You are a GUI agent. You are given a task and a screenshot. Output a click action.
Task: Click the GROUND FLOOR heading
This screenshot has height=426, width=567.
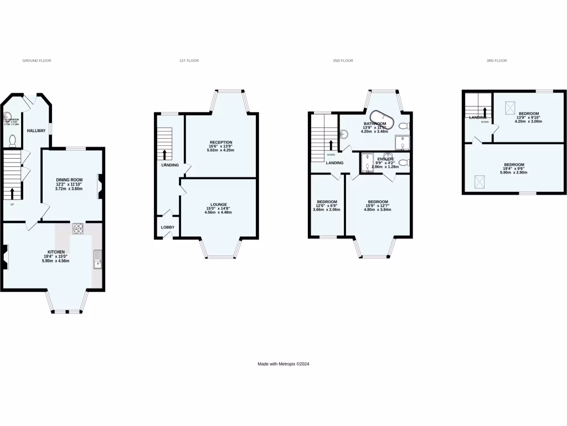[37, 60]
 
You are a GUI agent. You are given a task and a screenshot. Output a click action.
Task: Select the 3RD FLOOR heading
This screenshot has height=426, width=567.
[497, 60]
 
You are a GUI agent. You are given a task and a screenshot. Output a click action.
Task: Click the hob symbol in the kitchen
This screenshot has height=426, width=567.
[78, 228]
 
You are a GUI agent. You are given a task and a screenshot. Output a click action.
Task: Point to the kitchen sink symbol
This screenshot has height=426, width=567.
[97, 259]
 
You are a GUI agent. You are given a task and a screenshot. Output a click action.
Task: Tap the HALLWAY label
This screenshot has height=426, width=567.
[37, 130]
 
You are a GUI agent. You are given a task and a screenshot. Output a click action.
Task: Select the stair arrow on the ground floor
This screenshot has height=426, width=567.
[12, 192]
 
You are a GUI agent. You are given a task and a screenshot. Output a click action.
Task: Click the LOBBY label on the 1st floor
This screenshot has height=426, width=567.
[167, 227]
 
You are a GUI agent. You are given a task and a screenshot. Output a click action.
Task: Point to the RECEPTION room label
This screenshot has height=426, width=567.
[220, 143]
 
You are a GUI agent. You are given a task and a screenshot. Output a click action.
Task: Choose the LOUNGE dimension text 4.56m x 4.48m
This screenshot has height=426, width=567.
[218, 212]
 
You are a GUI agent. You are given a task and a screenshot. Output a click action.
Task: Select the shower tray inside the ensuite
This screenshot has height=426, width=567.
[367, 163]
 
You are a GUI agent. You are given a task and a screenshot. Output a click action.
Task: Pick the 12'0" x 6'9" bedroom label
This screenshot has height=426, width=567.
[326, 205]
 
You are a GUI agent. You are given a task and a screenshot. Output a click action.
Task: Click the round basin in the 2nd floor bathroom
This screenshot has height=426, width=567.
[343, 134]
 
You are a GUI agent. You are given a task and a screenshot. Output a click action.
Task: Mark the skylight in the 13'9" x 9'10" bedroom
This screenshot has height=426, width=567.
[510, 107]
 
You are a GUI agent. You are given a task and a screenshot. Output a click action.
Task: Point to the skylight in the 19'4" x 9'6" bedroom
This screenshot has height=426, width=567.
[480, 180]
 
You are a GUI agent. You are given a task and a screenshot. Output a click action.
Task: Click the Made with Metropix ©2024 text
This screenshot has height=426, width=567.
[283, 364]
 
